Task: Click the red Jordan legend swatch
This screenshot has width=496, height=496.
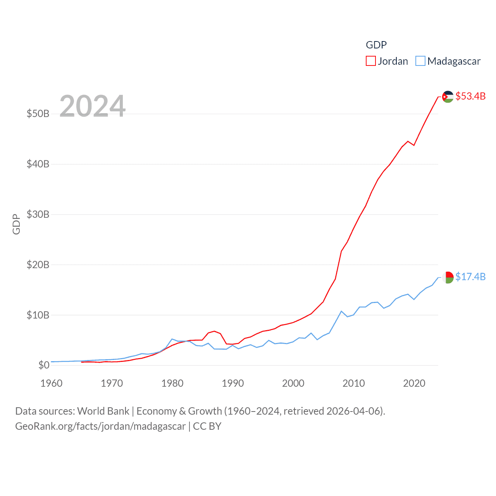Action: [371, 61]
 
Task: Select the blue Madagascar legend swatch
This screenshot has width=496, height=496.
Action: [420, 61]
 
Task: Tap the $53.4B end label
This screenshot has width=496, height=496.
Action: [470, 96]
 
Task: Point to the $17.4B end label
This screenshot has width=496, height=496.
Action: [470, 277]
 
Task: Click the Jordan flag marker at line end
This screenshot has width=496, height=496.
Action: [448, 97]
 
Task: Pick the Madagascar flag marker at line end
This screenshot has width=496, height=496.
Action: [448, 277]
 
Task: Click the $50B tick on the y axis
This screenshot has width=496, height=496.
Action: [38, 114]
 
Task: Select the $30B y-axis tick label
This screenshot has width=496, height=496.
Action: [38, 214]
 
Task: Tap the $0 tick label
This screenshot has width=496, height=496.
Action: [44, 365]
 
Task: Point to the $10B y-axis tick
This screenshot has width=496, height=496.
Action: [38, 315]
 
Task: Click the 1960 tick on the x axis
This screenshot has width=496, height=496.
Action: [52, 383]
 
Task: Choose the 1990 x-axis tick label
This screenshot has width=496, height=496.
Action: [233, 383]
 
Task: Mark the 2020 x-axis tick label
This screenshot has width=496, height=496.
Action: [414, 383]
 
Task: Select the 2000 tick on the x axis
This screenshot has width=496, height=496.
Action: [293, 383]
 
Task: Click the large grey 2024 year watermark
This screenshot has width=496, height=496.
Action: [93, 106]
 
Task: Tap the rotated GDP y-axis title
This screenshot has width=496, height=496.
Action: [16, 224]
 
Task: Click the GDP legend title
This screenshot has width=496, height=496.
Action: [376, 45]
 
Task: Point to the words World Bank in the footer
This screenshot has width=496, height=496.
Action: [103, 411]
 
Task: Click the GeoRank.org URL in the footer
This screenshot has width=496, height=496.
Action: [100, 426]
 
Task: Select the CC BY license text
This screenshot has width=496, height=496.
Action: [207, 426]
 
